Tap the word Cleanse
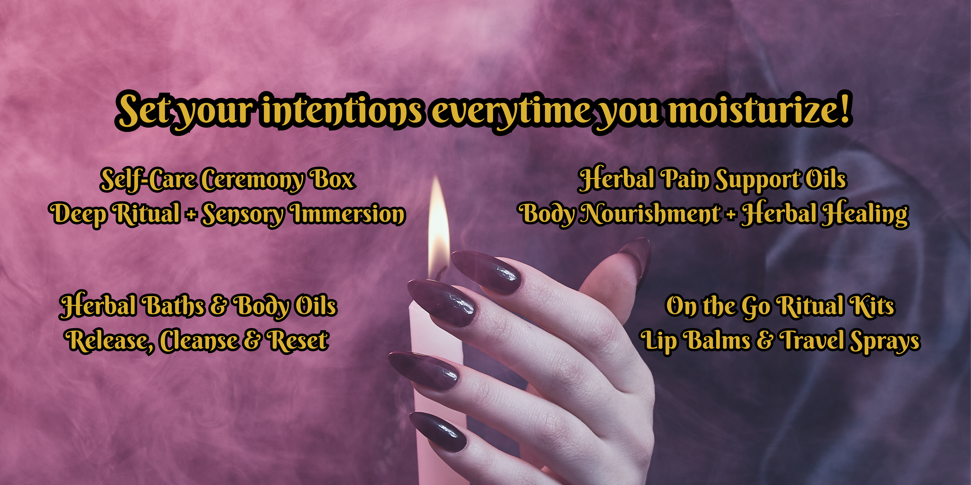[x=198, y=340]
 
